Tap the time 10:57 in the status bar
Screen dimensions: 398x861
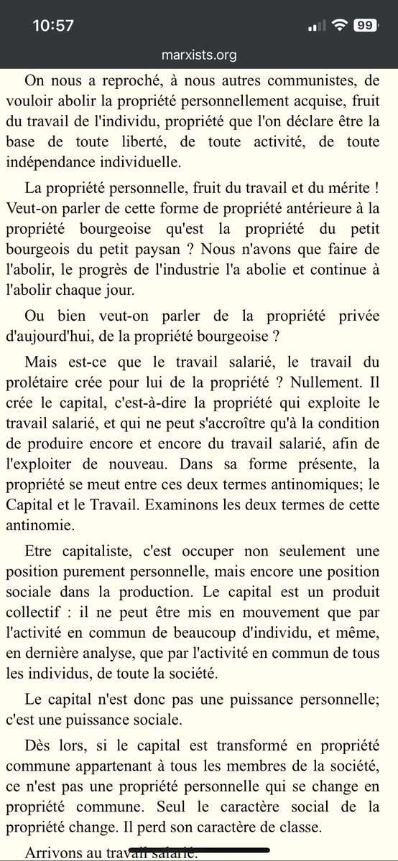coord(53,25)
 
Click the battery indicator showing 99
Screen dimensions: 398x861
coord(364,25)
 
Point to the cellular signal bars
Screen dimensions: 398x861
coord(315,26)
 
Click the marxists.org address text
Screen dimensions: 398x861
coord(199,55)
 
